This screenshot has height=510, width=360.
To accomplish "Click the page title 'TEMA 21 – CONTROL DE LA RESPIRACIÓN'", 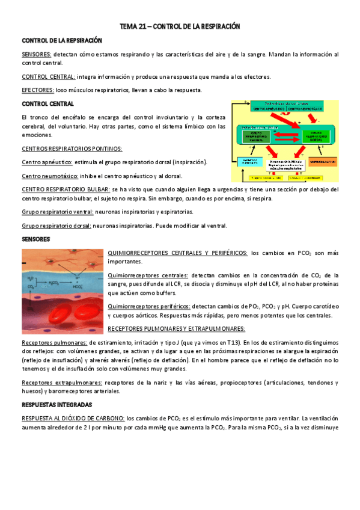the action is [180, 27].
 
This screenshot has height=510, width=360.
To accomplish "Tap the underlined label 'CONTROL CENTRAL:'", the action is [48, 77].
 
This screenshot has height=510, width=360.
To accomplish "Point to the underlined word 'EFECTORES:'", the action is [37, 90].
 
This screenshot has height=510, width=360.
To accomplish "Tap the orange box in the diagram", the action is [324, 161].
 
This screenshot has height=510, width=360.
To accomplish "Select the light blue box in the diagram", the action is [249, 161].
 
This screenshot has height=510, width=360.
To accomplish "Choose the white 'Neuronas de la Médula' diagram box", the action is [285, 164].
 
